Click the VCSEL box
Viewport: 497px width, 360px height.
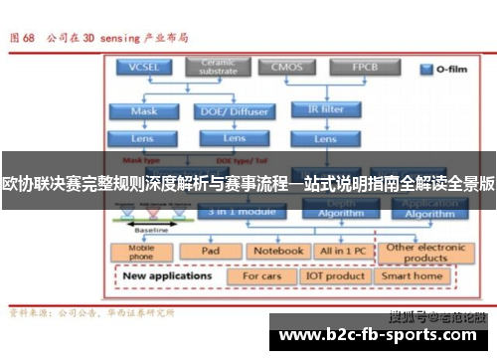tap(144, 68)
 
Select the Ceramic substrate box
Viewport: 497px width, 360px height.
tap(217, 68)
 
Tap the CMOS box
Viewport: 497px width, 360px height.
tap(287, 68)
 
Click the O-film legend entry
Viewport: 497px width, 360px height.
tap(442, 70)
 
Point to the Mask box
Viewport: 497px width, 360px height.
tap(144, 111)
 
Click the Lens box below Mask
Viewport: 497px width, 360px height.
tap(144, 138)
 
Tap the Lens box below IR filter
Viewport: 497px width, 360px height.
tap(325, 138)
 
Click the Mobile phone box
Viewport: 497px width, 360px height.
tap(143, 252)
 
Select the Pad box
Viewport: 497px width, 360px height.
tap(211, 252)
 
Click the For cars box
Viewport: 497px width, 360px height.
tap(263, 275)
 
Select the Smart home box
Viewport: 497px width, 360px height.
tap(414, 275)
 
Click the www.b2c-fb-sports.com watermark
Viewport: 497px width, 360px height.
tap(382, 335)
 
